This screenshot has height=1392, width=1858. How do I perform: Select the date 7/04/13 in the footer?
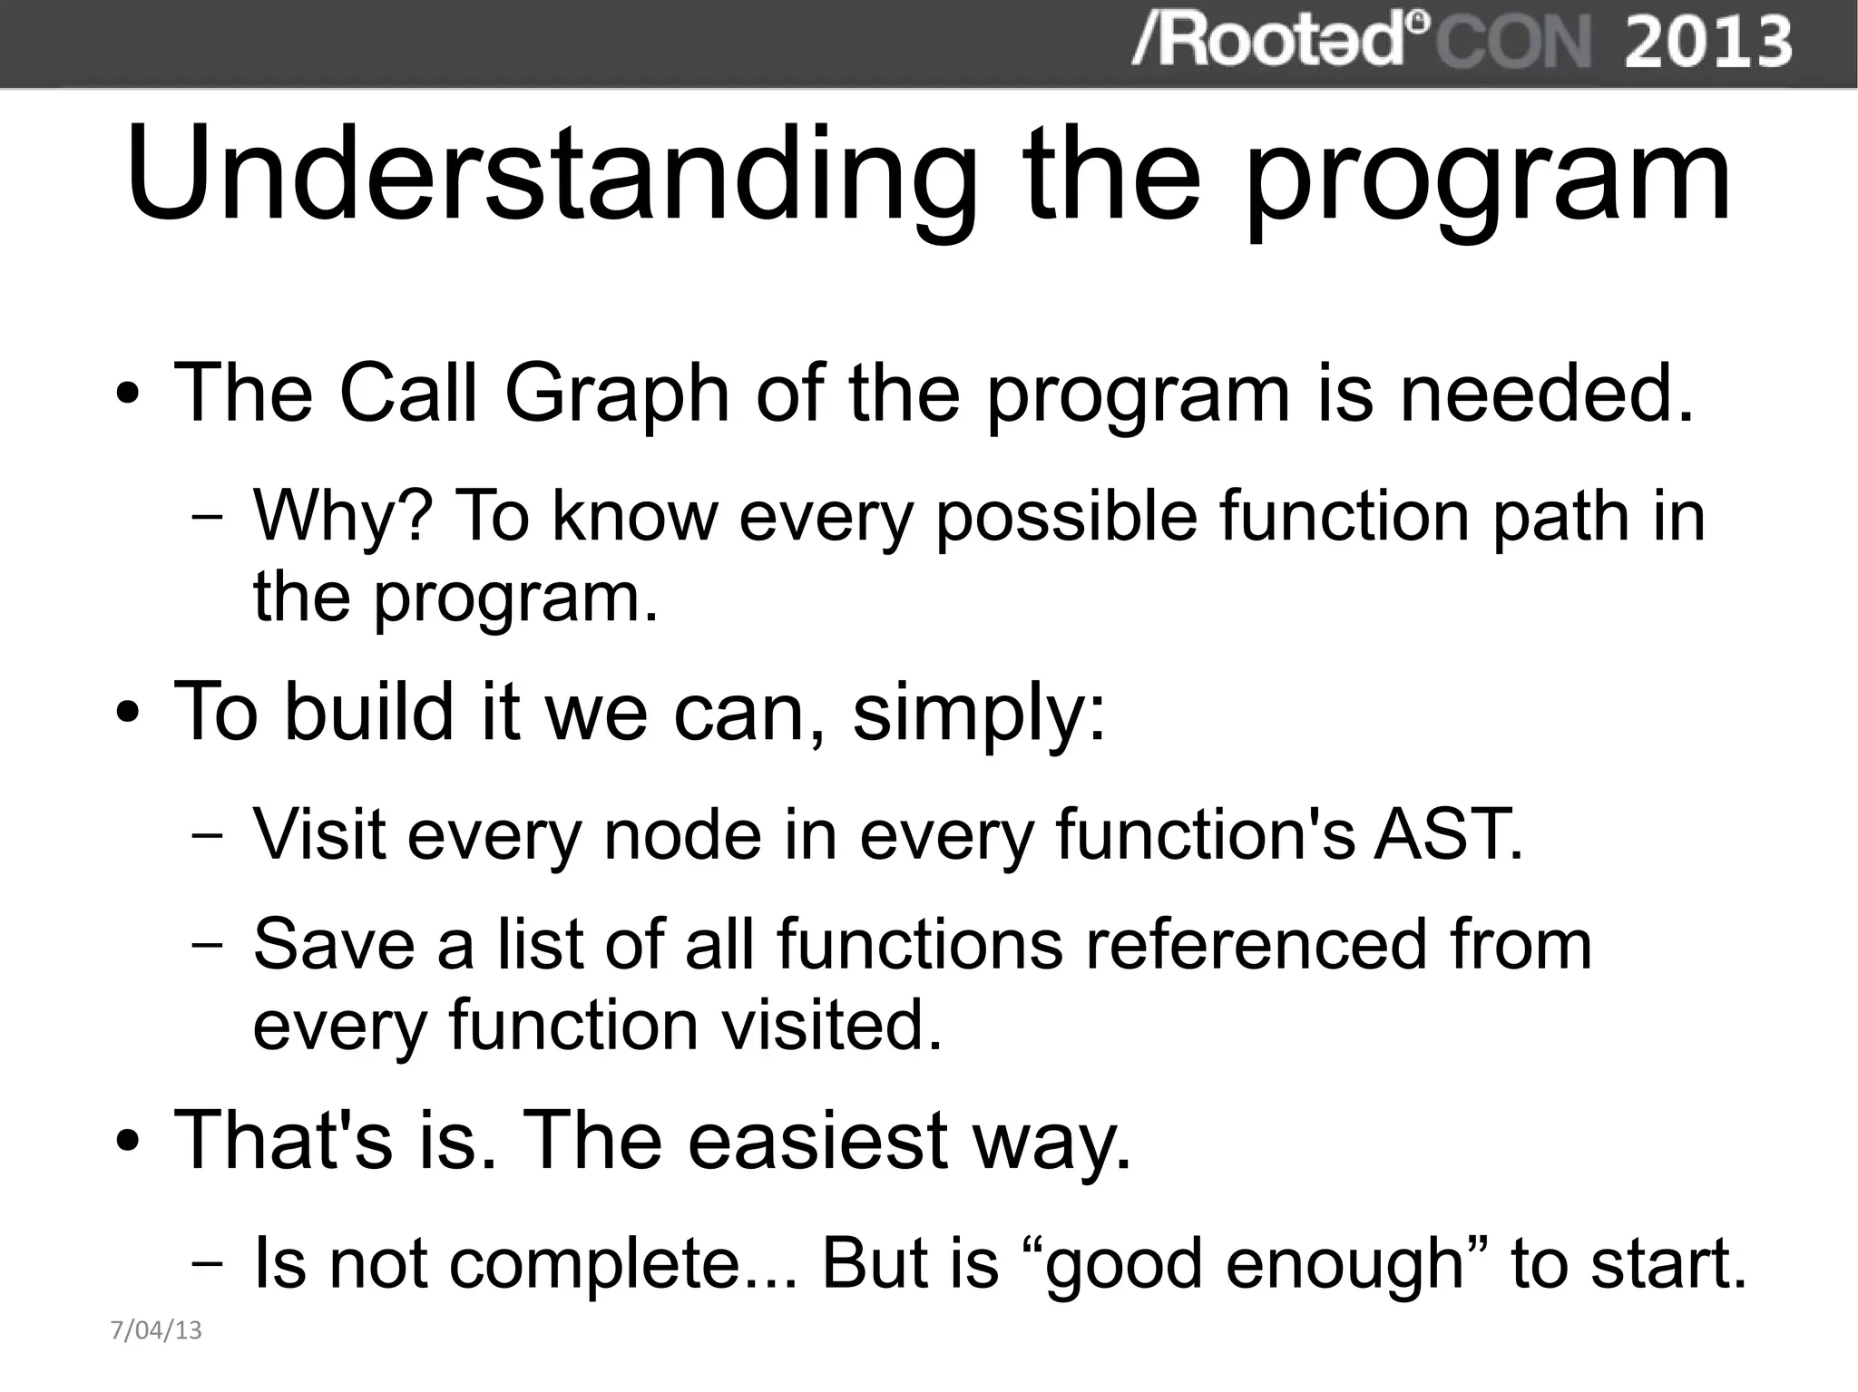(x=155, y=1330)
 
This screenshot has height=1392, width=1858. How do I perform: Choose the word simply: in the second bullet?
(x=979, y=712)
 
